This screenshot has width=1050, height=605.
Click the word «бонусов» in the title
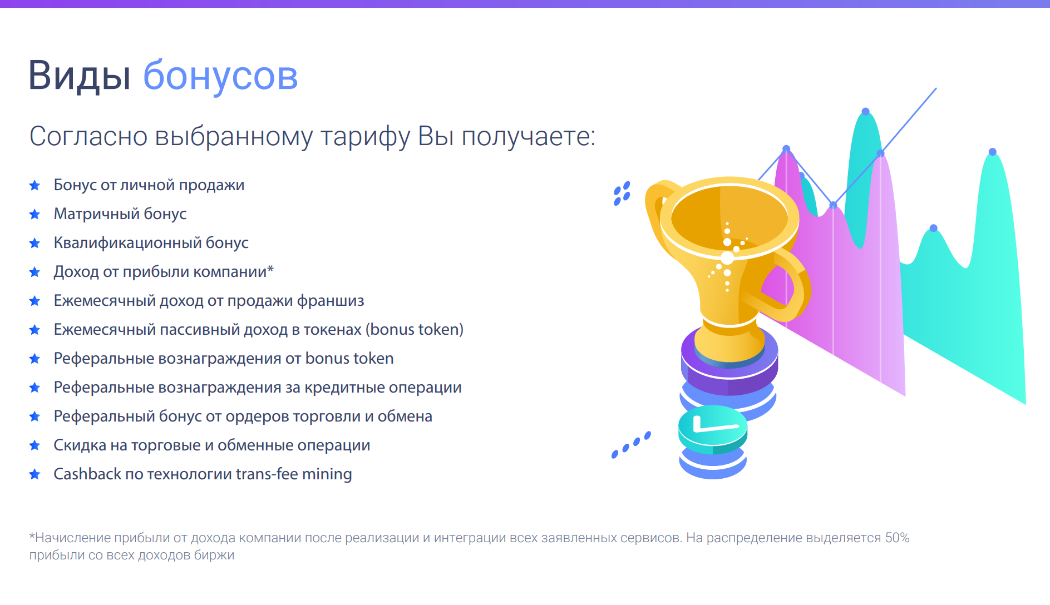pyautogui.click(x=220, y=76)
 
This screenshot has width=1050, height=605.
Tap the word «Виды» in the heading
pyautogui.click(x=80, y=75)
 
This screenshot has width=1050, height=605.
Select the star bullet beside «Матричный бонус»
pyautogui.click(x=34, y=214)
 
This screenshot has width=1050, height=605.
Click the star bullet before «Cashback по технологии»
pyautogui.click(x=34, y=474)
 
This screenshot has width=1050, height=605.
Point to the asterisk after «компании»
pyautogui.click(x=270, y=269)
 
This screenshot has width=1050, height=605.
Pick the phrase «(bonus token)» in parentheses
pyautogui.click(x=415, y=329)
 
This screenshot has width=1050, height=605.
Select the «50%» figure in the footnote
pyautogui.click(x=897, y=538)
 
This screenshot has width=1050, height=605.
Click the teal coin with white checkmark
pyautogui.click(x=712, y=429)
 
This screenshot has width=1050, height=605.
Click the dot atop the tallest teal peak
pyautogui.click(x=866, y=112)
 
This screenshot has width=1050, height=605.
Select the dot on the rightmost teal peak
pyautogui.click(x=993, y=152)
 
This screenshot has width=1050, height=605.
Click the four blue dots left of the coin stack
pyautogui.click(x=631, y=445)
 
